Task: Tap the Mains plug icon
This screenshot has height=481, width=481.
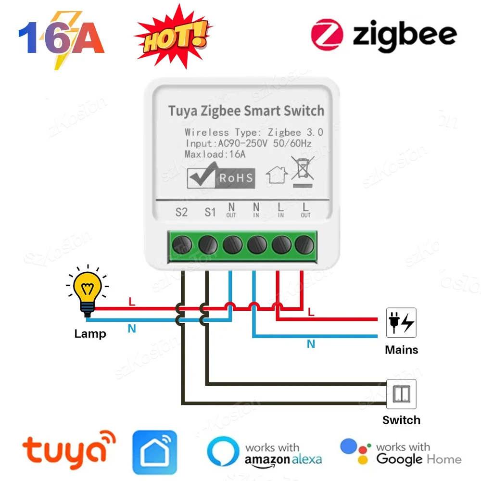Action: click(x=401, y=322)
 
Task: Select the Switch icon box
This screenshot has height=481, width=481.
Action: click(x=401, y=394)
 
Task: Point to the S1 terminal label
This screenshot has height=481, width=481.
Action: click(x=210, y=212)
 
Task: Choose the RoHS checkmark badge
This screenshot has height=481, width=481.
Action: click(x=221, y=177)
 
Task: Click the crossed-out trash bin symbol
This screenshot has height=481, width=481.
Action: click(x=303, y=169)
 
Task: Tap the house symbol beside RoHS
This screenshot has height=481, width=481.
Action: click(x=277, y=175)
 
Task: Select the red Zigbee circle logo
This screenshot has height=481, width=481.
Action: click(x=327, y=35)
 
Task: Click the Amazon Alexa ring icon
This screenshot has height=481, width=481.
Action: click(x=223, y=452)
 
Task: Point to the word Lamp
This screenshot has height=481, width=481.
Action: click(x=90, y=334)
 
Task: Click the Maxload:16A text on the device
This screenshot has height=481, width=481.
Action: click(x=215, y=154)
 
